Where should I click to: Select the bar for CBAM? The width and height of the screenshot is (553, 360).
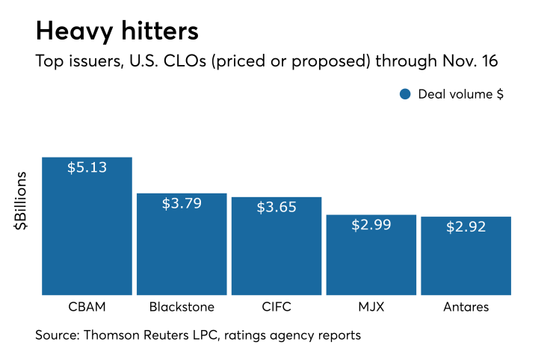pyautogui.click(x=87, y=232)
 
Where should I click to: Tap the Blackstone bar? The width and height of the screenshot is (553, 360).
pyautogui.click(x=182, y=246)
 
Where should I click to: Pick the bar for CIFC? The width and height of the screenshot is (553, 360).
pyautogui.click(x=276, y=250)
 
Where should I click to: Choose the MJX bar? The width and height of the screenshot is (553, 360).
pyautogui.click(x=371, y=258)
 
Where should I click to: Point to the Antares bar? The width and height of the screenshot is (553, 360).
pyautogui.click(x=466, y=259)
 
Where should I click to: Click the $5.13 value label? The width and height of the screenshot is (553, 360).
pyautogui.click(x=87, y=167)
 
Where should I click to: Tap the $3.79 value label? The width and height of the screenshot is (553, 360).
pyautogui.click(x=182, y=203)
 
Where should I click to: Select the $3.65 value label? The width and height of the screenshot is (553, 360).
pyautogui.click(x=276, y=207)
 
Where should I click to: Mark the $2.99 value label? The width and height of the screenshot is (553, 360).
pyautogui.click(x=371, y=224)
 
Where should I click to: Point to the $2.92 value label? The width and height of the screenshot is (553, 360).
pyautogui.click(x=466, y=226)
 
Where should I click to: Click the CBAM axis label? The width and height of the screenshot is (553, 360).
pyautogui.click(x=87, y=307)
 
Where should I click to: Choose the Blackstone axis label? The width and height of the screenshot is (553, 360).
pyautogui.click(x=182, y=307)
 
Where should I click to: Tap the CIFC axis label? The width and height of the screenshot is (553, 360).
pyautogui.click(x=276, y=307)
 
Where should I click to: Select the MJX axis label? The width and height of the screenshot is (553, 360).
pyautogui.click(x=371, y=307)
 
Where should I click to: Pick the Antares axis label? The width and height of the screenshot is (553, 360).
pyautogui.click(x=466, y=307)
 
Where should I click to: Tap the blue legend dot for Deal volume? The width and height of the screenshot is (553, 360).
pyautogui.click(x=405, y=94)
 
